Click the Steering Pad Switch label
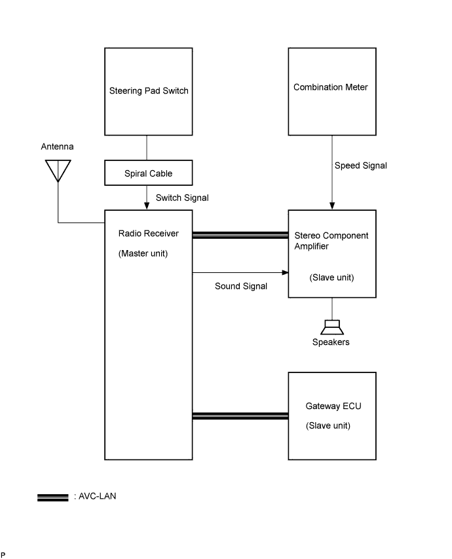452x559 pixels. click(149, 90)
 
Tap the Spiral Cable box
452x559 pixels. click(149, 174)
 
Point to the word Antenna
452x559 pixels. click(58, 147)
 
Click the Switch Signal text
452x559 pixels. click(182, 197)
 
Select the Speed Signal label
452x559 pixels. click(361, 166)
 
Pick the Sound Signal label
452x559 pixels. click(241, 286)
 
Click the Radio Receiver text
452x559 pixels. click(148, 234)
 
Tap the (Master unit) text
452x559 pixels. click(143, 253)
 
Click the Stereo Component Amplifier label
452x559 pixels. click(331, 240)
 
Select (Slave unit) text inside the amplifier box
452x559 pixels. click(331, 278)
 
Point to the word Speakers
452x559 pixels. click(331, 342)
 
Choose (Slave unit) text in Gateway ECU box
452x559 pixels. click(328, 425)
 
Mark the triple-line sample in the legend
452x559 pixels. click(53, 497)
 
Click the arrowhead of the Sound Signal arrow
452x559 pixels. click(285, 272)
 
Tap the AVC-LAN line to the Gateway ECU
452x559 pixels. click(240, 415)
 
